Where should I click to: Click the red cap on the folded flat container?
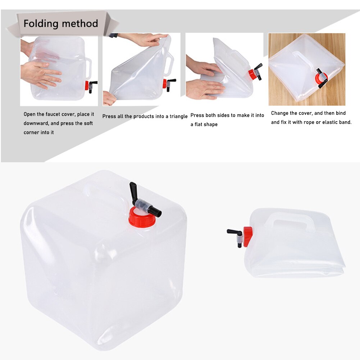pos(247,236)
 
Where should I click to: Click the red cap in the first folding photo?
pos(87,86)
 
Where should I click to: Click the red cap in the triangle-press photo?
pos(164,83)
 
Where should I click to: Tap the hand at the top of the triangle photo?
pos(146,39)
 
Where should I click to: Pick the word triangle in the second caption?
pos(177,117)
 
